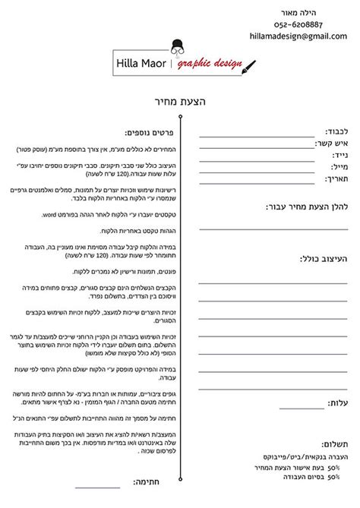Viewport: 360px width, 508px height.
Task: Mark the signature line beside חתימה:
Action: (98, 506)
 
